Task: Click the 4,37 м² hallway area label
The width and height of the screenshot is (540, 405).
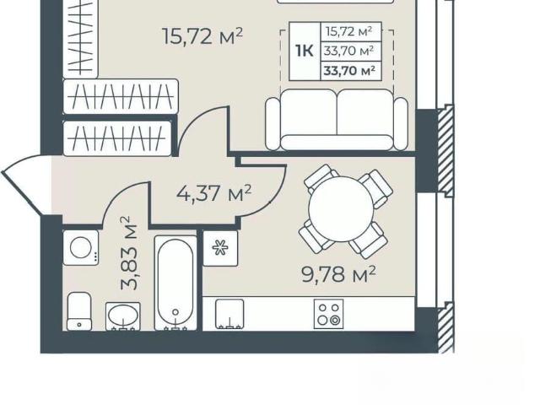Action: [x=213, y=193]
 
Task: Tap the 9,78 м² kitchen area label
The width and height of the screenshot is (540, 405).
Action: [x=338, y=274]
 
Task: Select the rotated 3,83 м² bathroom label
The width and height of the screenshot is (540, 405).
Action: [x=129, y=253]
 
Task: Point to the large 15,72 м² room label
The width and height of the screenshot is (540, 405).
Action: [x=202, y=35]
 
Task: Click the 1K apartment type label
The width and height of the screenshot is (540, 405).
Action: [x=304, y=51]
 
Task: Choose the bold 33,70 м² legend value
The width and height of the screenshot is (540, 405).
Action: [x=349, y=71]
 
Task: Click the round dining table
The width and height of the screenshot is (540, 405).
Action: [x=341, y=208]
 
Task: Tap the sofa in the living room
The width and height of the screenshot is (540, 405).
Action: [x=337, y=120]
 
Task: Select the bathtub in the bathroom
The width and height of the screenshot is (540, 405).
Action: [x=175, y=283]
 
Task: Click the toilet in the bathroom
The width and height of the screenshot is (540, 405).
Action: [x=79, y=311]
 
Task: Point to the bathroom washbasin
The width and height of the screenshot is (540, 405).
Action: [x=123, y=316]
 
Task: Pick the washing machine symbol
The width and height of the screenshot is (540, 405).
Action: [x=81, y=247]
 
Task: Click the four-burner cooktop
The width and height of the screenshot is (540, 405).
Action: [x=328, y=314]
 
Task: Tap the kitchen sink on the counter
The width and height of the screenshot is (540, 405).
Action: [x=229, y=314]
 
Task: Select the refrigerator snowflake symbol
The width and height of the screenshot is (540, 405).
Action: [x=220, y=248]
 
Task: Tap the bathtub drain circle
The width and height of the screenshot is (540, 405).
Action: [x=175, y=312]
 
